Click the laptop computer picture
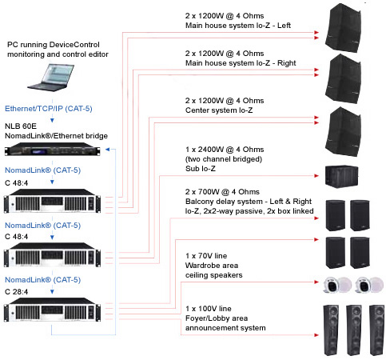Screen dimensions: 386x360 click(50, 78)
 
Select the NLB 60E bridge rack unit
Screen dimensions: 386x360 click(53, 150)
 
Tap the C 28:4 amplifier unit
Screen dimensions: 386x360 click(53, 310)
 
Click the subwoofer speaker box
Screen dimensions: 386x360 click(342, 177)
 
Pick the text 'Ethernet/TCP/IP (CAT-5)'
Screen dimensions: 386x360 click(49, 109)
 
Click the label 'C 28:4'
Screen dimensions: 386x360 click(16, 292)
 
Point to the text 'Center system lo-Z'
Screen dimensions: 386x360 click(219, 110)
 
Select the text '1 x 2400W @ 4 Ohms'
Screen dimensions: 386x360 click(225, 150)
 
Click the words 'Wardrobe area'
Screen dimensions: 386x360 click(212, 266)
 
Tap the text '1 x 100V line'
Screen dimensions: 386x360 click(209, 309)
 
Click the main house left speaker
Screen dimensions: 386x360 click(343, 28)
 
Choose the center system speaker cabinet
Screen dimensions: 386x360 click(343, 132)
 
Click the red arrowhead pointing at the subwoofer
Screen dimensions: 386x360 click(316, 176)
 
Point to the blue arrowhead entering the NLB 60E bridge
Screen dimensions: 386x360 click(108, 150)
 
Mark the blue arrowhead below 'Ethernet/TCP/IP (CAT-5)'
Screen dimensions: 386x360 click(52, 120)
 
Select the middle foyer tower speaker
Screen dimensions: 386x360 click(354, 330)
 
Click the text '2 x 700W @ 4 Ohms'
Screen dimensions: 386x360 click(222, 192)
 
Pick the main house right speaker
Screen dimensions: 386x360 click(343, 79)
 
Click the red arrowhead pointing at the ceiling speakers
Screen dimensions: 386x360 click(316, 282)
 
